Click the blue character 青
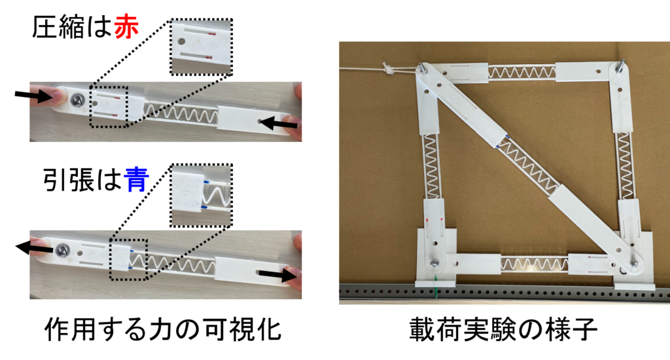(x=136, y=179)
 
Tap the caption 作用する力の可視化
(x=163, y=329)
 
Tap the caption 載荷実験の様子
(x=503, y=329)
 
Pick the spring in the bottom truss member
(x=535, y=264)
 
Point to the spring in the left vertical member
(x=432, y=166)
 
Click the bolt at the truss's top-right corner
(x=620, y=65)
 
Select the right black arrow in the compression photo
(x=278, y=124)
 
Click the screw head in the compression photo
(x=77, y=99)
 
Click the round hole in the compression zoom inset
(x=181, y=42)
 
